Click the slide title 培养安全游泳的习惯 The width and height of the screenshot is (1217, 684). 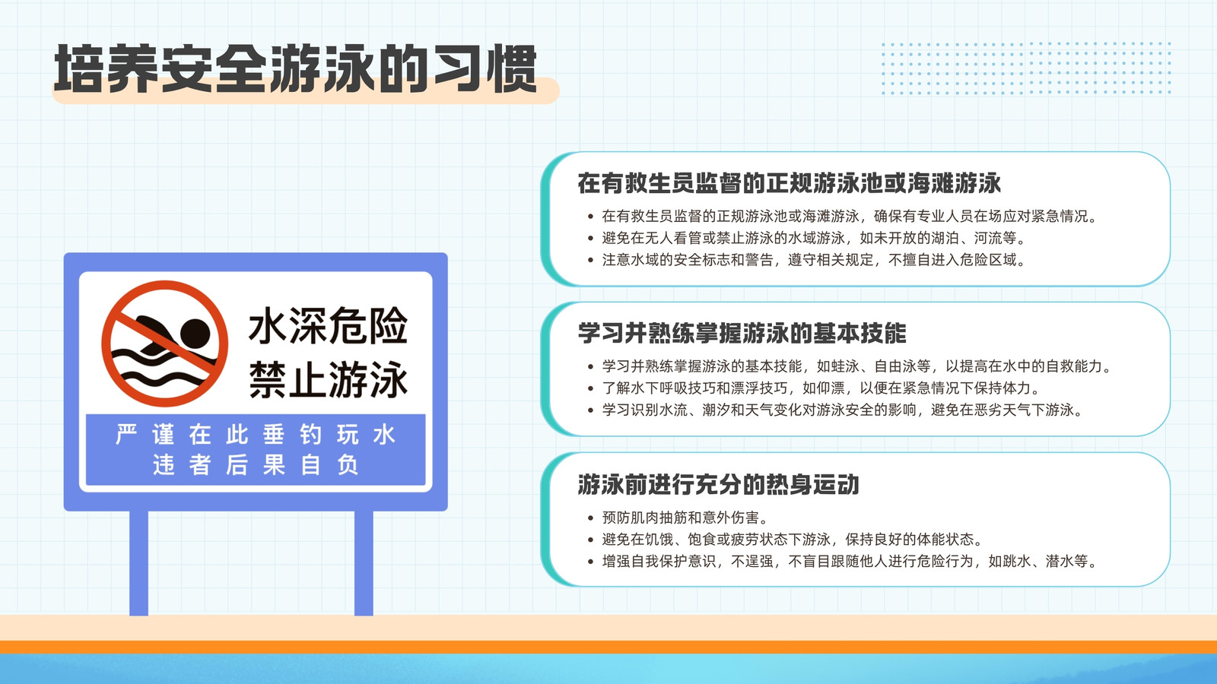click(296, 69)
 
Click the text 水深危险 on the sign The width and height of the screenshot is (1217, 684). click(328, 326)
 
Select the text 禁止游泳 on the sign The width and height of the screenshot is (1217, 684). click(328, 379)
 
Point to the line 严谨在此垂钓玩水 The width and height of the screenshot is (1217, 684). click(256, 435)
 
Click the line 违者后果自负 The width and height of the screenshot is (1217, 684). click(256, 464)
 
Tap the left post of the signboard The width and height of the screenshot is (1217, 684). click(138, 563)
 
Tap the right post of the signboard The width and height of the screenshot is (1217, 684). click(364, 563)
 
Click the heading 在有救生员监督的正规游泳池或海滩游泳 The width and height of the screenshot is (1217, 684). click(789, 183)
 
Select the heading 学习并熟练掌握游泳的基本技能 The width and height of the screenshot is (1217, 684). click(742, 333)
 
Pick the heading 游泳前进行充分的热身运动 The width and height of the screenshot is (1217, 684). click(718, 484)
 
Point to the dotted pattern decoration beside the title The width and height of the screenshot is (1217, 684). click(1026, 68)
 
